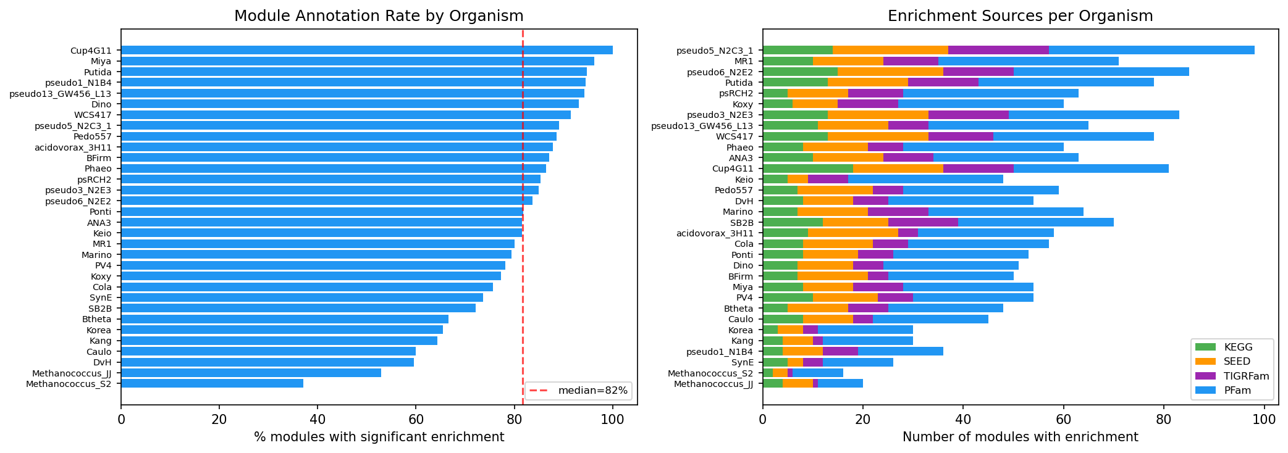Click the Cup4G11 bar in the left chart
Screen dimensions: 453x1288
pos(366,50)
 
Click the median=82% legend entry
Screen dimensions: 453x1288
pos(578,391)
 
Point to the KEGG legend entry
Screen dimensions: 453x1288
pos(1229,347)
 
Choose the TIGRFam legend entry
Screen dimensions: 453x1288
pos(1229,376)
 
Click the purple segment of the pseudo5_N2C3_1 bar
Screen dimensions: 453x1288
pos(998,50)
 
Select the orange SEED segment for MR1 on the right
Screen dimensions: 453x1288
pos(848,61)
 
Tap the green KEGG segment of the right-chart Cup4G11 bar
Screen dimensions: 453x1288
pos(807,168)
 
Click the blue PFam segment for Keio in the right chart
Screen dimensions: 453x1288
pos(925,180)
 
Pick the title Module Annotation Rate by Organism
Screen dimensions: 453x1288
pos(379,16)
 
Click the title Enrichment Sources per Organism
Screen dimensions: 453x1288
pos(1020,16)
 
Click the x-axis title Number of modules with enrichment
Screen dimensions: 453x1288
pos(1020,438)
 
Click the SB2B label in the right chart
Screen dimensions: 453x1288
pos(741,223)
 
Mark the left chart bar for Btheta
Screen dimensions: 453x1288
pos(284,319)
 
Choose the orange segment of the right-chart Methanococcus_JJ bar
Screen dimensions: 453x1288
pos(798,384)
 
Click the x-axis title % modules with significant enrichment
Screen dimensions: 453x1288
pos(379,438)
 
